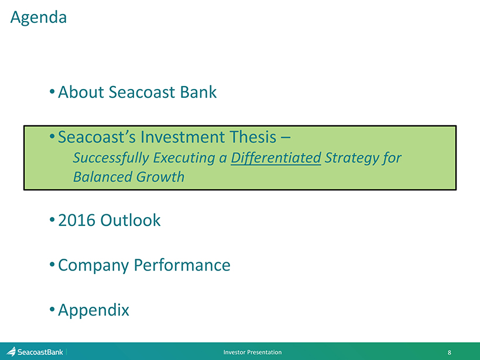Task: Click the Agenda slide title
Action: (39, 18)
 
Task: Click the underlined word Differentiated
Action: (276, 158)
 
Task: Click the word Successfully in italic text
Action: (111, 158)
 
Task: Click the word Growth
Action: (160, 177)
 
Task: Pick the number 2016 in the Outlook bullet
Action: (77, 220)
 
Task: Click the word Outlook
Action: (131, 220)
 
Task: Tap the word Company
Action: (94, 265)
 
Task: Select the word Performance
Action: (182, 265)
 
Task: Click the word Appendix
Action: (94, 310)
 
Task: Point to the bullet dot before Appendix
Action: (52, 308)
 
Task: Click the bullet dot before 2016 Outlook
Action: (52, 219)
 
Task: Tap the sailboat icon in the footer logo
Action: (11, 352)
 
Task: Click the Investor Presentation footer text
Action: (252, 352)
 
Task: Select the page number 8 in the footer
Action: (450, 352)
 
